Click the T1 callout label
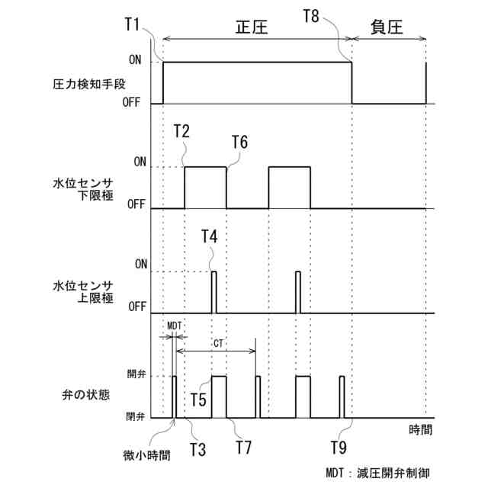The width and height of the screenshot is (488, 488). coord(133,24)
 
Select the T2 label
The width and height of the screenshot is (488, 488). coord(181,131)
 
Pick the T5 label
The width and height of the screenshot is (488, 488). coord(199,400)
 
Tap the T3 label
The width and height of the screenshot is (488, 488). coord(197,448)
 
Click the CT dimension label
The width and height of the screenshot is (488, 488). coord(218,344)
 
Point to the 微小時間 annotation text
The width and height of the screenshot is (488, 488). coord(146,455)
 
